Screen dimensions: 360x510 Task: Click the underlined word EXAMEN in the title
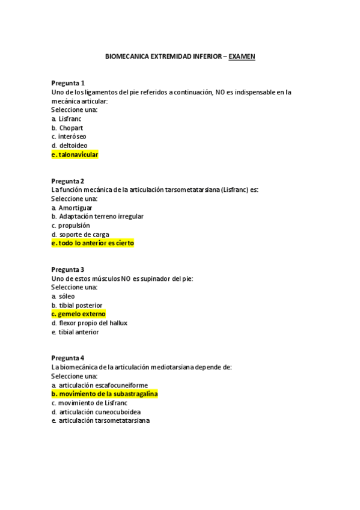click(x=242, y=57)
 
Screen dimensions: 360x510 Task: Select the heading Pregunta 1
click(x=68, y=83)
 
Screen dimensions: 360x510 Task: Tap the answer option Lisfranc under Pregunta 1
click(x=70, y=119)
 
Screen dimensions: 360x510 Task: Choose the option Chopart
click(x=71, y=128)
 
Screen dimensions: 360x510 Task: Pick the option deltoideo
click(x=73, y=146)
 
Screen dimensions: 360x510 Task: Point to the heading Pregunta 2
click(x=68, y=181)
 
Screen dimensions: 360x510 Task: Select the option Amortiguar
click(x=75, y=207)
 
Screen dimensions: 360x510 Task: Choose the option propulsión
click(x=74, y=226)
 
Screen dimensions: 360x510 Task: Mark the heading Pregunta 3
click(x=68, y=269)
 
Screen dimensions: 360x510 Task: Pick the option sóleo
click(x=67, y=296)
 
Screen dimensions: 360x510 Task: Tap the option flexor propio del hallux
click(x=93, y=323)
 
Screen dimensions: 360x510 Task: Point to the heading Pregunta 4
click(x=68, y=358)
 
